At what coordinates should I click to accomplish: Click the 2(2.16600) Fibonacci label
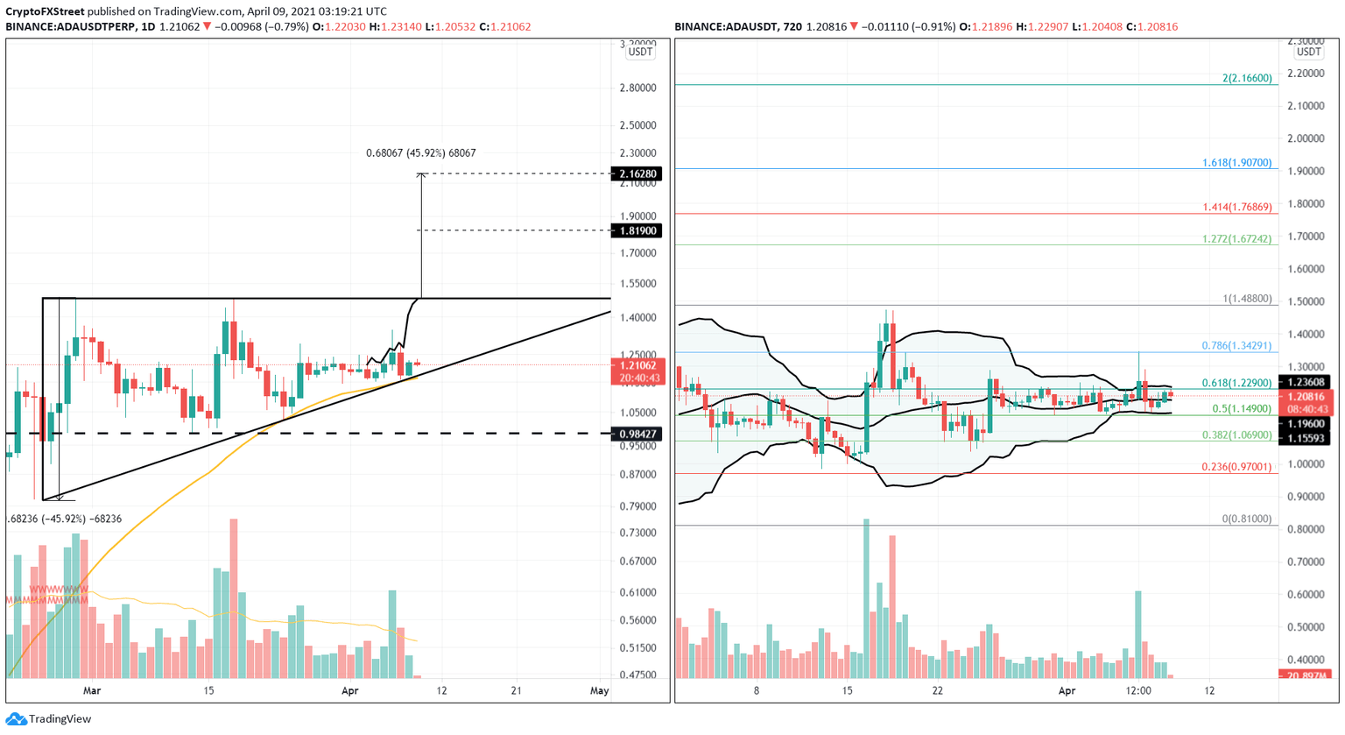point(1247,79)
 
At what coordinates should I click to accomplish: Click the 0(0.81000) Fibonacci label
point(1247,519)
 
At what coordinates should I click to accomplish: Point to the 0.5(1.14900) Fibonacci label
point(1242,409)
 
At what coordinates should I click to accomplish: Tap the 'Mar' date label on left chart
point(92,690)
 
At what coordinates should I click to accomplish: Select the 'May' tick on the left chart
point(599,690)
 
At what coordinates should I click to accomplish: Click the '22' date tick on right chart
point(938,690)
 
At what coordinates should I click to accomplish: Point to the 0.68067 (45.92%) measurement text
point(420,153)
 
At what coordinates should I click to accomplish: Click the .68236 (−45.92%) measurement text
point(64,519)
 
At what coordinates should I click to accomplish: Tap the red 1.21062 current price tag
point(639,365)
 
